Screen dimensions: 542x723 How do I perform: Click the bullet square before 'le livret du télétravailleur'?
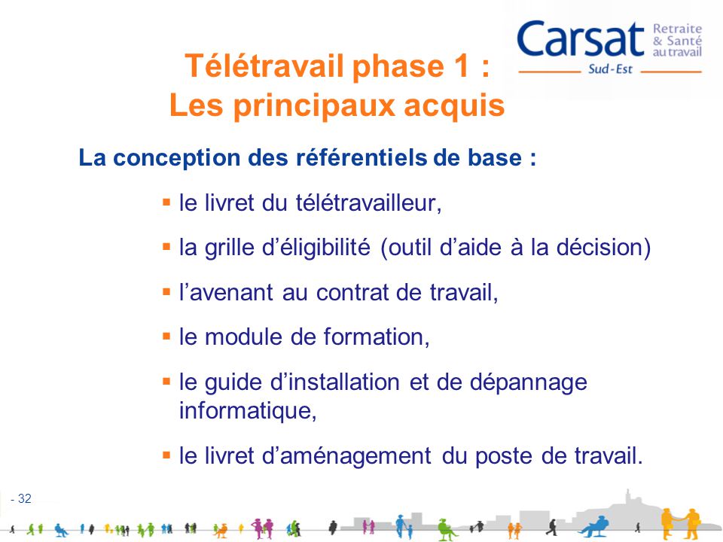166,202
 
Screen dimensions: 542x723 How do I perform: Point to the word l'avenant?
218,292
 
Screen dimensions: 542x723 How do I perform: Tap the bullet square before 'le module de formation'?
166,336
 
